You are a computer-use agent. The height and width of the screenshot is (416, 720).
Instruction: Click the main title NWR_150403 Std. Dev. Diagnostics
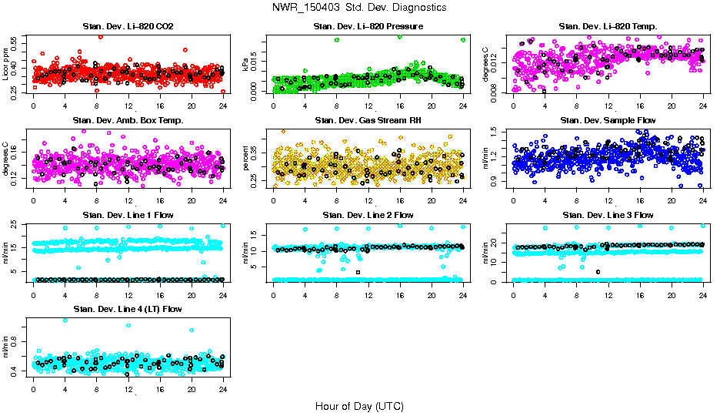click(359, 7)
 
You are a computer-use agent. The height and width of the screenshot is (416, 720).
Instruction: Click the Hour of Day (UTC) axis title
click(359, 405)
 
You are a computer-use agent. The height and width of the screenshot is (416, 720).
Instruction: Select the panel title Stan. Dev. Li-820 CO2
click(128, 27)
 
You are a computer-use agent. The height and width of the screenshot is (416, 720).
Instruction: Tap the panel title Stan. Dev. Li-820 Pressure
click(368, 27)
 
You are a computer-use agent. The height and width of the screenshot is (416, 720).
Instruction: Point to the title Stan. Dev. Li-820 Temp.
click(608, 27)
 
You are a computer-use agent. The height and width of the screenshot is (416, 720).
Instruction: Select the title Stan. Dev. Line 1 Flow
click(128, 215)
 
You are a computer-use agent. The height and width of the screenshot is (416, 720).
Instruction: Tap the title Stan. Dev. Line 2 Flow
click(368, 215)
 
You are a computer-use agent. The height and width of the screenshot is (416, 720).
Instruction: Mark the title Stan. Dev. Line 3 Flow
click(608, 215)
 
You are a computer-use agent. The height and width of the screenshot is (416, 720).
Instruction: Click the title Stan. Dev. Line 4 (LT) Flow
click(128, 309)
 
